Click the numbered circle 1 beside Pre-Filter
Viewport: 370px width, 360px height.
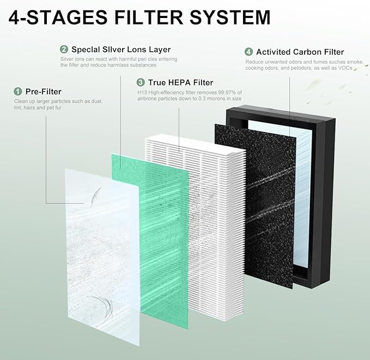coord(17,92)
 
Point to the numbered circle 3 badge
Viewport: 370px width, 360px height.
coord(140,82)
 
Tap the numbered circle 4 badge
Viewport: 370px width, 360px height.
coord(248,52)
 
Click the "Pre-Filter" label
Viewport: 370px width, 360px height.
coord(44,92)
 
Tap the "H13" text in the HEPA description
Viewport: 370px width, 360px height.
coord(142,92)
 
